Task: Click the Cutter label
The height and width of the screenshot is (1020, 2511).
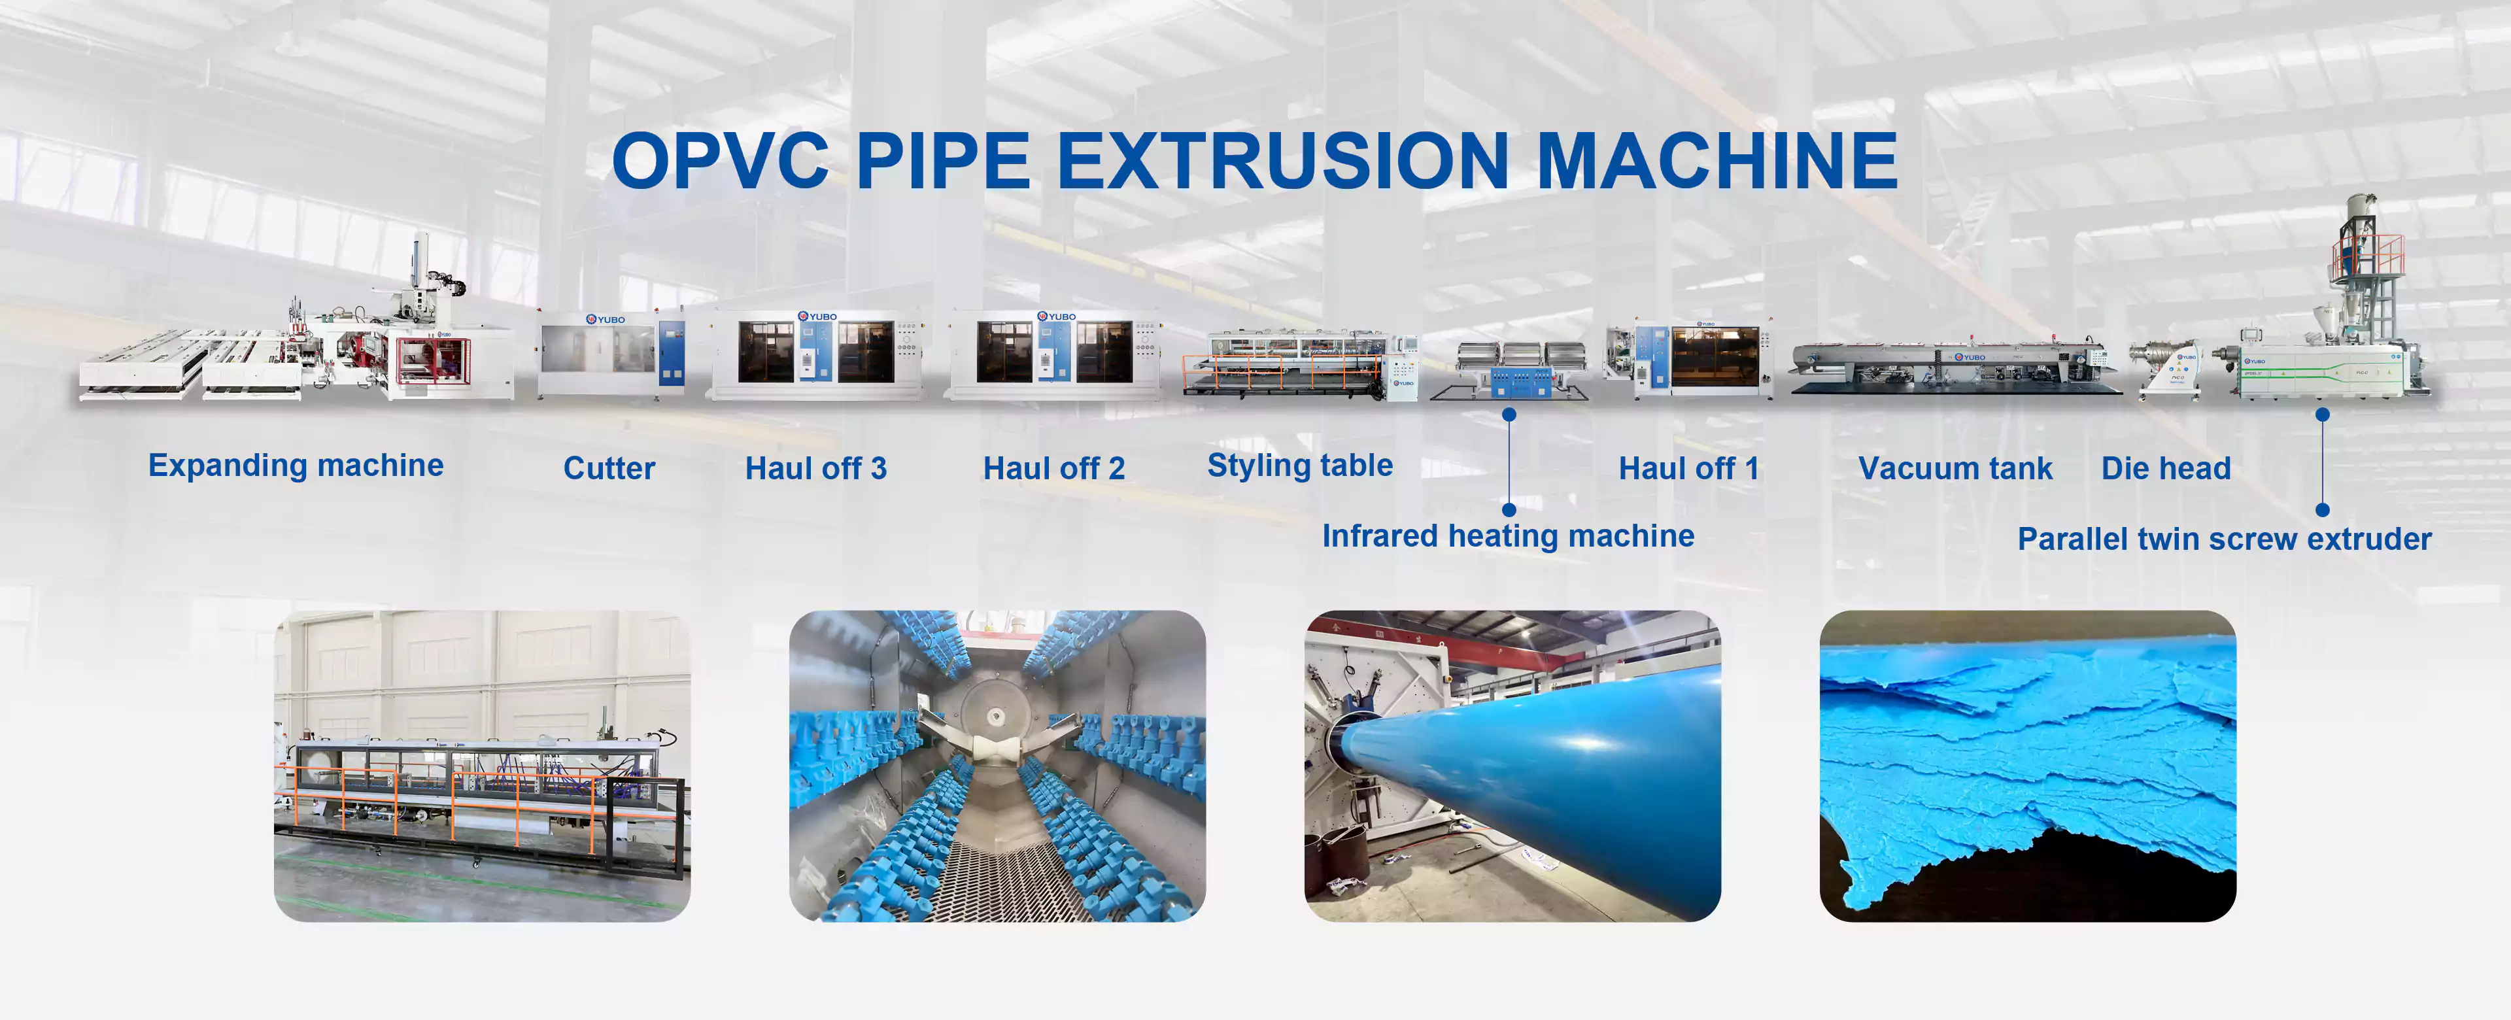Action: click(609, 468)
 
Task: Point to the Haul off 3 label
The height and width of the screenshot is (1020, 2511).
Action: click(816, 468)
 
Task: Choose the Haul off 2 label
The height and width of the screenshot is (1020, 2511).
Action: click(1053, 468)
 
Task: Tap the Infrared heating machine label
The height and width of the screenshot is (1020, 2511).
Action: click(1508, 536)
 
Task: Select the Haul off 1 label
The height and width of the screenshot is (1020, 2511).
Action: click(1689, 468)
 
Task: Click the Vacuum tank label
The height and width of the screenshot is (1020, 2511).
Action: click(1955, 468)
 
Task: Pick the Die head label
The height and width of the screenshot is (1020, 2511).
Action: click(2166, 468)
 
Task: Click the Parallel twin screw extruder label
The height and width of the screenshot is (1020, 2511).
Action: click(2225, 539)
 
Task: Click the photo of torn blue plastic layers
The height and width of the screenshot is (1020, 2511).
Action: click(2028, 766)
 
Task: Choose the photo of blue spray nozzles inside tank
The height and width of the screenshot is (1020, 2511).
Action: click(997, 766)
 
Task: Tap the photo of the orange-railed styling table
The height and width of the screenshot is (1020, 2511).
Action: click(483, 766)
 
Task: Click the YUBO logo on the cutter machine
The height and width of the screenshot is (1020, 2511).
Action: click(606, 319)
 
